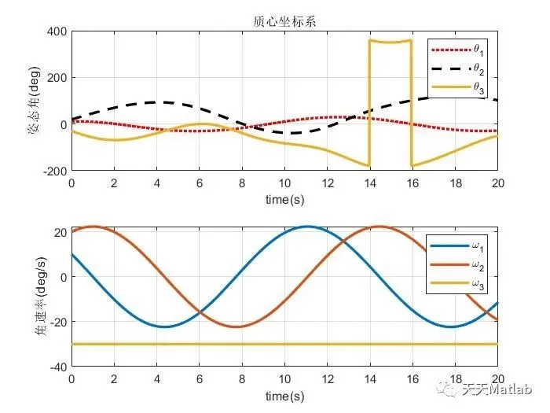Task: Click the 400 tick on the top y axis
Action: click(57, 32)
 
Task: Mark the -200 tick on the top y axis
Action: click(53, 171)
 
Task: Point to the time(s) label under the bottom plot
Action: click(284, 396)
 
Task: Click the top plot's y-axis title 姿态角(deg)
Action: click(36, 101)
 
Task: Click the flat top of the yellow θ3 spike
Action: click(390, 42)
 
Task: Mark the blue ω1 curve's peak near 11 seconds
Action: click(306, 227)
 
